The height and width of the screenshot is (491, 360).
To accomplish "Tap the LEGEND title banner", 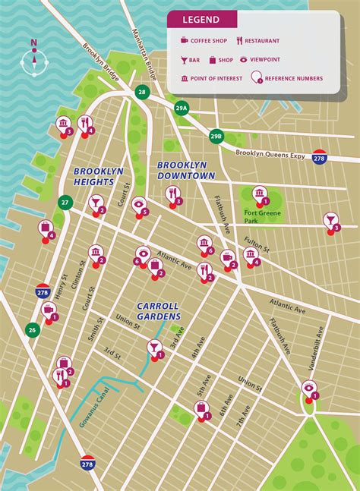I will tap(201, 20).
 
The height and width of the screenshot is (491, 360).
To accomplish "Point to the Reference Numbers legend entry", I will tap(292, 78).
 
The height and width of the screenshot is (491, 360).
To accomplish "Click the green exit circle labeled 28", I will tap(141, 92).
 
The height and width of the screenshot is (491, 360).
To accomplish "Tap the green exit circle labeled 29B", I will tap(216, 136).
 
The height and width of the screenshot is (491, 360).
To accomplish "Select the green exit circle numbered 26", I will tap(32, 329).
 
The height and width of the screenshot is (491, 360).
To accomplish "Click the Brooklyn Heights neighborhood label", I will tap(99, 177).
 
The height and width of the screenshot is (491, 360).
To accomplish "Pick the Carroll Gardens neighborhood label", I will tap(158, 310).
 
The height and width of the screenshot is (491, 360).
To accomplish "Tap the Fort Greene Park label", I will tap(263, 217).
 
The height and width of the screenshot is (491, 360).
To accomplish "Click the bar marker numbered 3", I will tap(330, 221).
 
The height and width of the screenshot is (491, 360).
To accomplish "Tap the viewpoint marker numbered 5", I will tap(139, 205).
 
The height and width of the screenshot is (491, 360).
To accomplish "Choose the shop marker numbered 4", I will tap(46, 228).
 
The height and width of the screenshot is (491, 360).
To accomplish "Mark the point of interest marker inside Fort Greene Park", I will tap(259, 194).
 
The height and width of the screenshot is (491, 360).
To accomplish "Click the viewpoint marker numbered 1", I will tap(308, 388).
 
